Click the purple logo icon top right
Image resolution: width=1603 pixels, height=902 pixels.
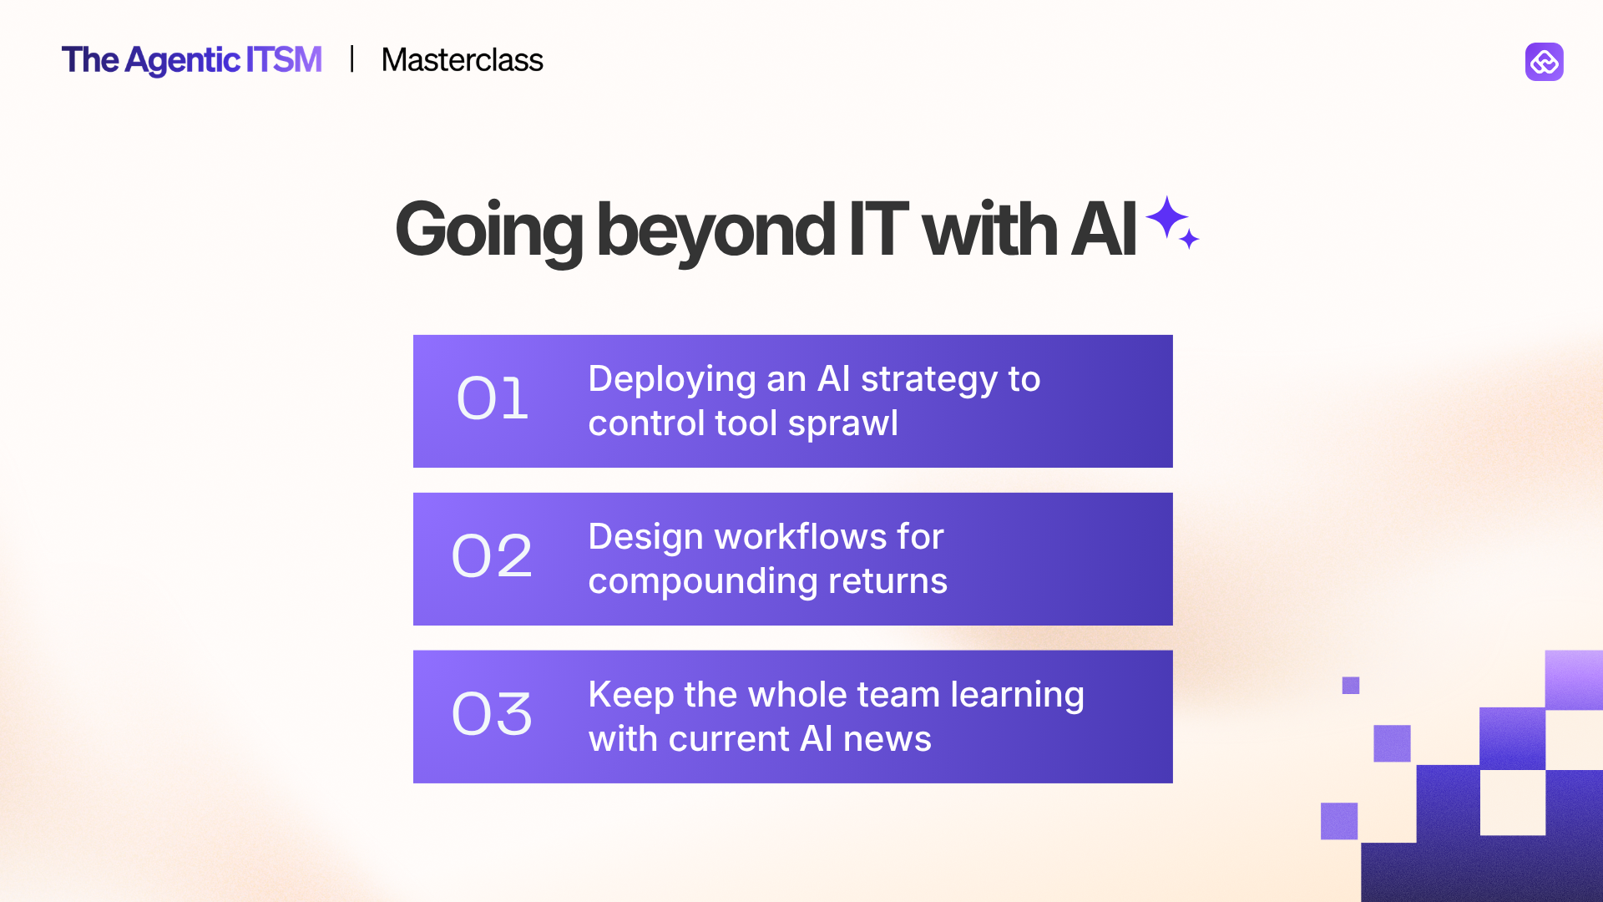pos(1544,62)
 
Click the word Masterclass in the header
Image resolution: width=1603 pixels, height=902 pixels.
pos(462,60)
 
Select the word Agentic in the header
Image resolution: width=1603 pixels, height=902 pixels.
pos(183,61)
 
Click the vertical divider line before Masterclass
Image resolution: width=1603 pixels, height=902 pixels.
pos(352,59)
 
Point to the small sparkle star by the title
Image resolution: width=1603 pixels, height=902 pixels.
pos(1190,240)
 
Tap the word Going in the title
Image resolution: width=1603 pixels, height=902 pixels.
pos(488,231)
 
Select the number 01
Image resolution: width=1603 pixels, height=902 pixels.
pos(493,398)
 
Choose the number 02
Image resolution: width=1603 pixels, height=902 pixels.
pos(492,556)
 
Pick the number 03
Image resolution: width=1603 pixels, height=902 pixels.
pos(492,714)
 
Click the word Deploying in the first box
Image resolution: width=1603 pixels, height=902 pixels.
pos(672,380)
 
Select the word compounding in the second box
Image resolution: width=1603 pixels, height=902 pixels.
pos(702,581)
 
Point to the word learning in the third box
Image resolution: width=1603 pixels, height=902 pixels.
pos(1017,695)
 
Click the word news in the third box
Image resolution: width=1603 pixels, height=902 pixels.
pos(887,739)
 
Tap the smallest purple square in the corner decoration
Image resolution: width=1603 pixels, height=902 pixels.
pos(1350,686)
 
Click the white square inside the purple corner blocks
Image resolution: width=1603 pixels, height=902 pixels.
pos(1512,802)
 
